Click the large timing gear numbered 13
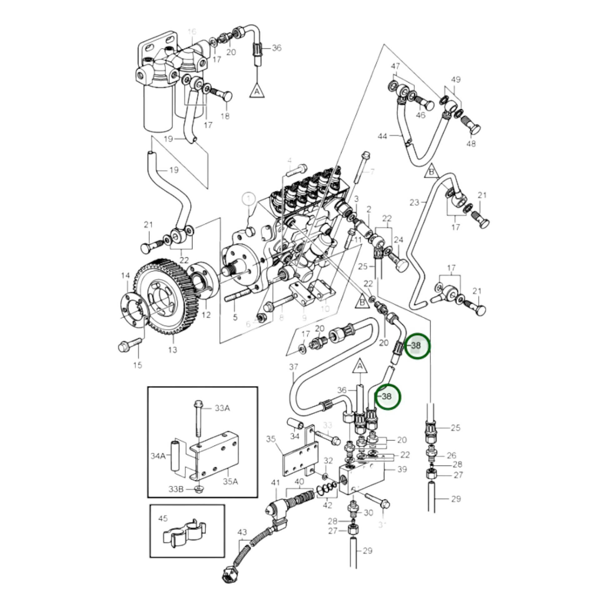pos(164,296)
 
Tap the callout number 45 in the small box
pos(163,518)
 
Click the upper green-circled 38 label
pos(416,346)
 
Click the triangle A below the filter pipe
pos(257,90)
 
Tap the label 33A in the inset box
pos(222,408)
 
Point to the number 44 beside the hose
pos(382,136)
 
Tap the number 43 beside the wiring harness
pos(242,532)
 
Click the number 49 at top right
pos(456,80)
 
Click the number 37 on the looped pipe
pos(293,367)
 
